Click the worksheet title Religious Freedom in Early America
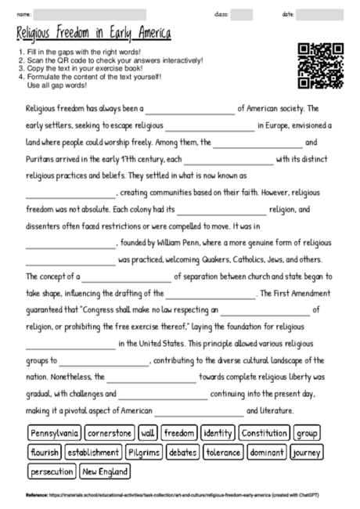tap(93, 35)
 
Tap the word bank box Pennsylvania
tap(55, 433)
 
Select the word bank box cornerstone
tap(110, 433)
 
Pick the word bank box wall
tap(148, 433)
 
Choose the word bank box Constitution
tap(265, 433)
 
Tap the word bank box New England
tap(106, 472)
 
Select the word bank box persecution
tap(52, 472)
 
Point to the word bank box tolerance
tap(223, 453)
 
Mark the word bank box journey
tap(306, 453)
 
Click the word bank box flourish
tap(45, 453)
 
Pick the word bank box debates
tap(183, 453)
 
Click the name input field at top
tap(90, 14)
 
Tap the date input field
tap(319, 14)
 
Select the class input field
tap(242, 14)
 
